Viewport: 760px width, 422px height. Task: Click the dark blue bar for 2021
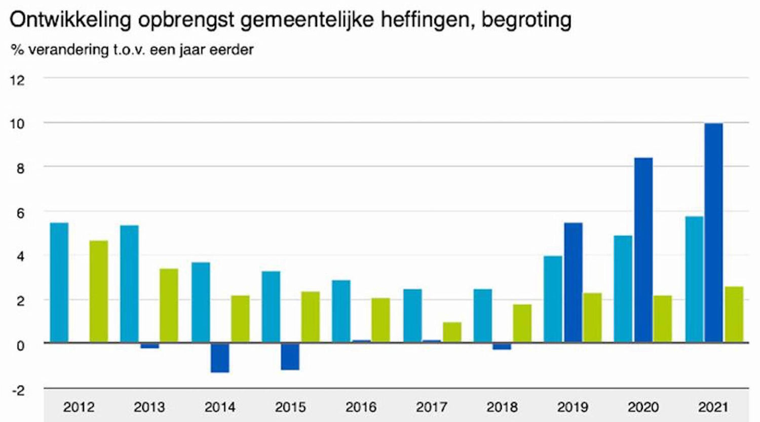click(x=713, y=233)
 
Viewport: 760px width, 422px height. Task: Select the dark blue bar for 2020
click(x=643, y=250)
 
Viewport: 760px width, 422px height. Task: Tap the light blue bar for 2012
click(x=59, y=283)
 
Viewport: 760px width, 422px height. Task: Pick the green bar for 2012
click(x=99, y=292)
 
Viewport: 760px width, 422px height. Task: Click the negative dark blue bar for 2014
click(x=220, y=358)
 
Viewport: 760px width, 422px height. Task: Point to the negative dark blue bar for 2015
click(x=290, y=356)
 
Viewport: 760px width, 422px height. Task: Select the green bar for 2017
click(x=452, y=332)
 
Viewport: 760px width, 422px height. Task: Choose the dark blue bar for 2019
click(x=573, y=283)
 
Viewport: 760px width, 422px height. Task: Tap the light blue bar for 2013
click(x=129, y=284)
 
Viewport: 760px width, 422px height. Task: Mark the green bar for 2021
click(x=734, y=315)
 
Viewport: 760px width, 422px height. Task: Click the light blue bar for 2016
click(x=341, y=312)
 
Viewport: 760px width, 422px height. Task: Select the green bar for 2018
click(x=522, y=323)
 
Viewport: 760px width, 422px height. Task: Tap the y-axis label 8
click(x=20, y=168)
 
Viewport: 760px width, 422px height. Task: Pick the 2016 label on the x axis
click(x=361, y=407)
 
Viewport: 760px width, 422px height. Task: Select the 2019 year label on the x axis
click(x=573, y=407)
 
